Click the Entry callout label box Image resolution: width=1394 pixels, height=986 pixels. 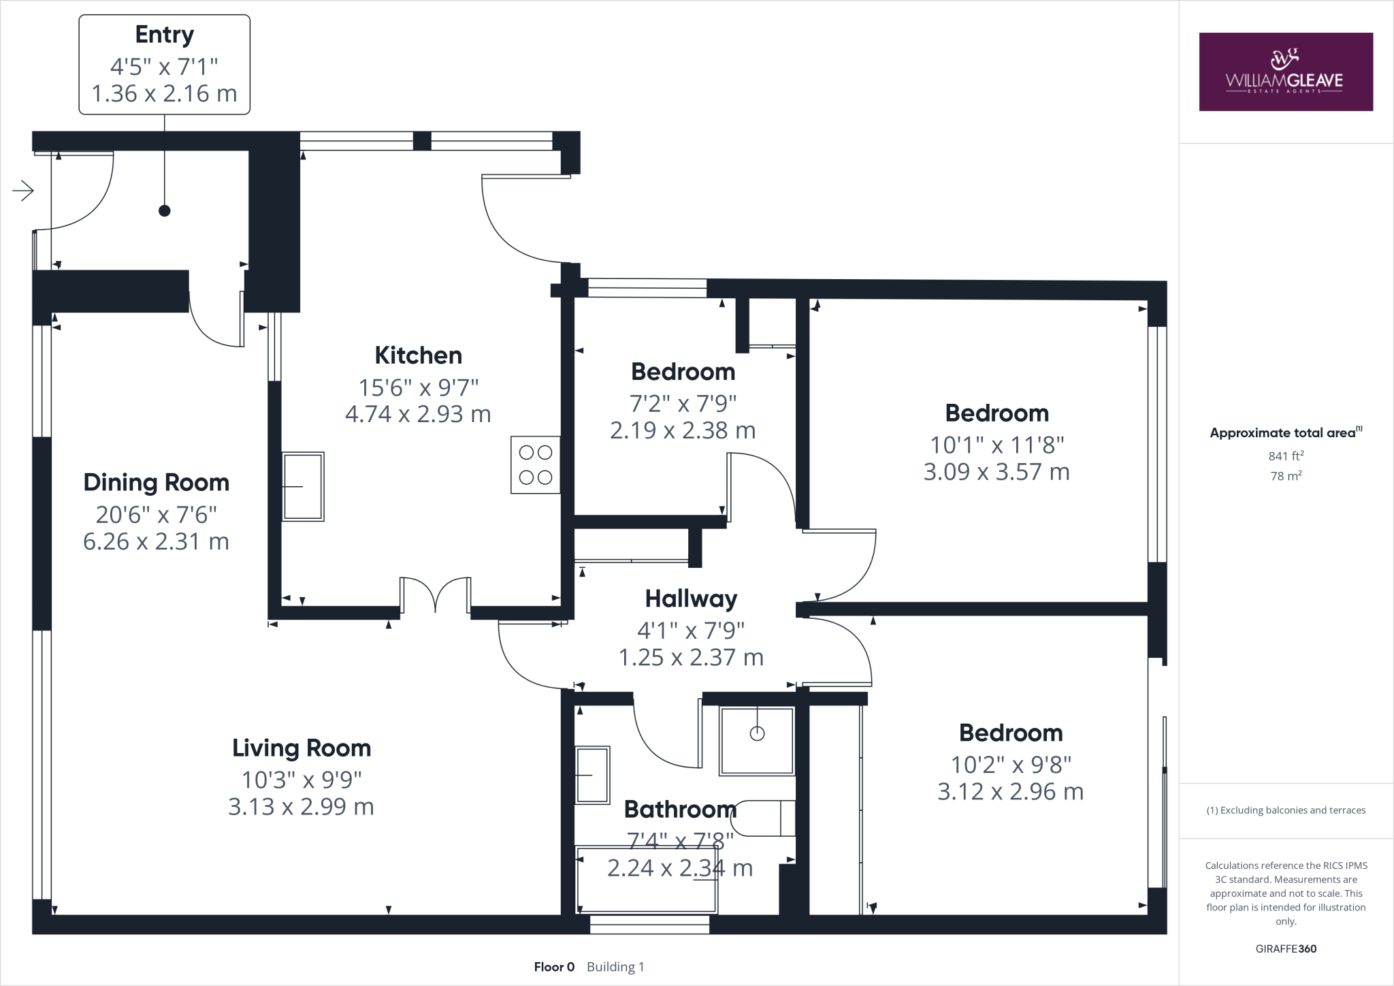(164, 64)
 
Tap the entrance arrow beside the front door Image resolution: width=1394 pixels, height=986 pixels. (23, 191)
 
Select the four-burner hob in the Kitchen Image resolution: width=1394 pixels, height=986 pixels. (536, 465)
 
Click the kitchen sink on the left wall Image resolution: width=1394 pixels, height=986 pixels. (304, 486)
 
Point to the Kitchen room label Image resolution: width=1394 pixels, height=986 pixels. (418, 355)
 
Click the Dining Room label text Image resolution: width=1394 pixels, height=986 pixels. (156, 483)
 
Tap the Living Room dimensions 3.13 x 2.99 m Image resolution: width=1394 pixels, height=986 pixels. (301, 807)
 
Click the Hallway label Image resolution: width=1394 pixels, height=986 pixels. (691, 599)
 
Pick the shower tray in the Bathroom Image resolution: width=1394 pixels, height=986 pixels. (757, 741)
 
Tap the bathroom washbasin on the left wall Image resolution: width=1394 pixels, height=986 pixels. (592, 775)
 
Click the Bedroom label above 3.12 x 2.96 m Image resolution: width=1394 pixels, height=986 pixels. (1010, 733)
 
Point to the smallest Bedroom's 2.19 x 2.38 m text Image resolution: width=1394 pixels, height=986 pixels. (683, 431)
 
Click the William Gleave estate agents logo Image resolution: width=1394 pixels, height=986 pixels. (1285, 72)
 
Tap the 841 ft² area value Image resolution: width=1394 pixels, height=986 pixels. (1285, 456)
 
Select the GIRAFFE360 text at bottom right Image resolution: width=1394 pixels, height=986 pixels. (1285, 949)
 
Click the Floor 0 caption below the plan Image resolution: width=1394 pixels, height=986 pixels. (554, 967)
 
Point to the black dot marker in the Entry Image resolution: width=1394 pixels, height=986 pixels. (164, 211)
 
